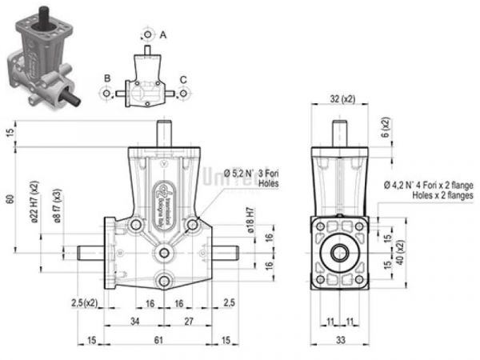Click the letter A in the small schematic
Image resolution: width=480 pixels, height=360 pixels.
pyautogui.click(x=163, y=35)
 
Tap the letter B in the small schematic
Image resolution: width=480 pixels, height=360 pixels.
pyautogui.click(x=106, y=78)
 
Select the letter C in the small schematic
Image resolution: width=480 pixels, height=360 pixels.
pyautogui.click(x=184, y=78)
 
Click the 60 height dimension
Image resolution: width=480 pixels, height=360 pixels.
pyautogui.click(x=10, y=199)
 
